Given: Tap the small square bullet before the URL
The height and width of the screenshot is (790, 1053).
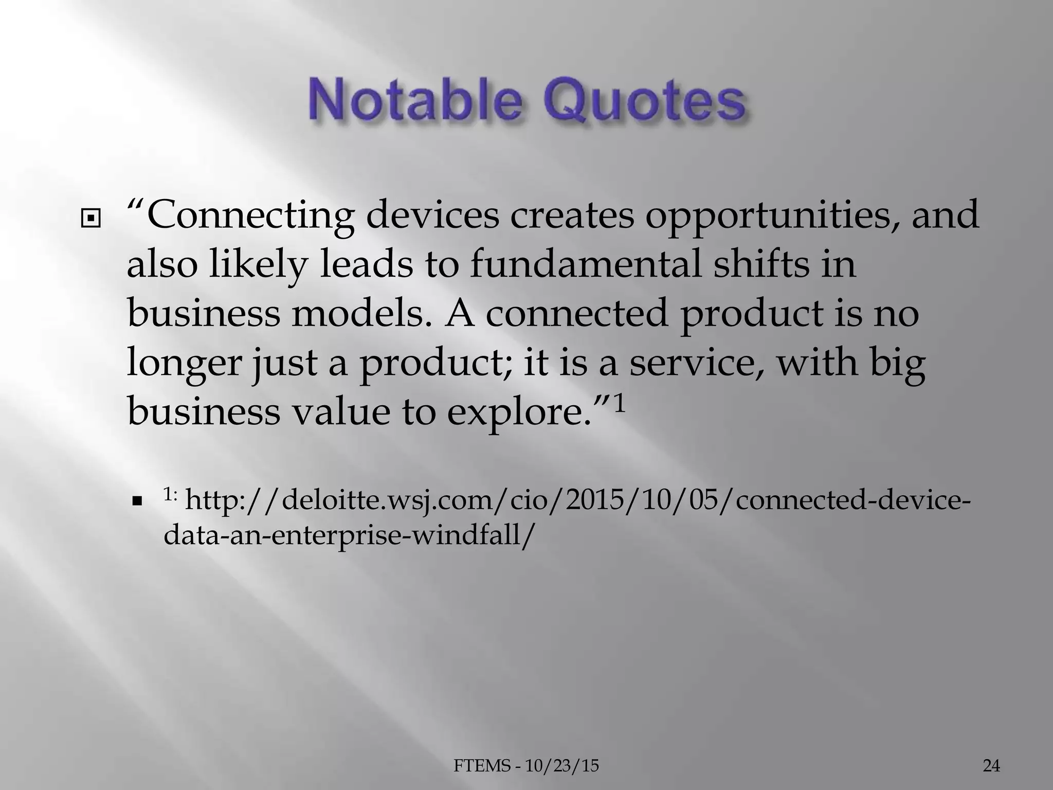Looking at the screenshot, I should tap(137, 501).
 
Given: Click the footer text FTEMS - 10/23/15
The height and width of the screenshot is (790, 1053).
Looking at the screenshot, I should tap(526, 766).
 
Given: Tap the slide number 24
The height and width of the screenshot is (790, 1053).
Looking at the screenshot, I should tap(991, 766).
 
